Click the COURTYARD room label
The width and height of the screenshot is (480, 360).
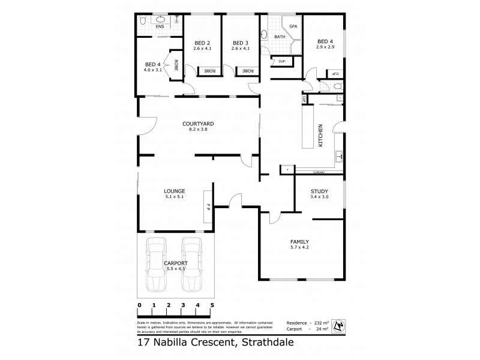198,124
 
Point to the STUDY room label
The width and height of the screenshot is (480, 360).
318,190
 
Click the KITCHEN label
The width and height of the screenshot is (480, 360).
321,136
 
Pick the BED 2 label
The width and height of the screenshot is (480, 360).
202,43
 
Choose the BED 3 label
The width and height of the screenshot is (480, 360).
240,43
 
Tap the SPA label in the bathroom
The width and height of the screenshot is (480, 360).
293,27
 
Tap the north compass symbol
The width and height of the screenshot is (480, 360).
340,325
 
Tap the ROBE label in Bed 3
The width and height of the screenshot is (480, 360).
248,71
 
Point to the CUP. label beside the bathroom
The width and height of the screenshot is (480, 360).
281,61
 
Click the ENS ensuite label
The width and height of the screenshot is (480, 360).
160,26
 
